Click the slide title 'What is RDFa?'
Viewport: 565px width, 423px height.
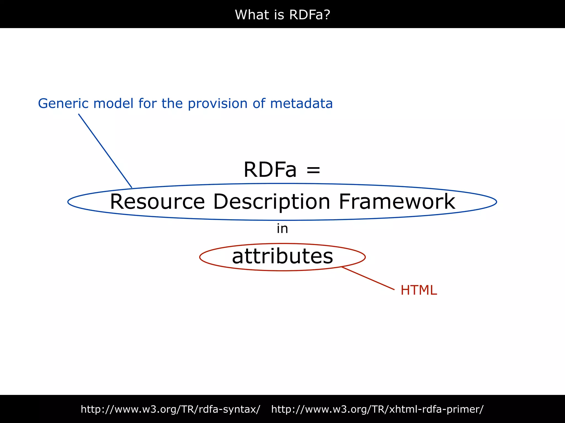tap(282, 15)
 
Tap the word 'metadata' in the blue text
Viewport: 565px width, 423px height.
tap(301, 104)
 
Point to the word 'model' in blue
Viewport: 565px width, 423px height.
tap(113, 104)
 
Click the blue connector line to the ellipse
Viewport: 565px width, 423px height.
tap(105, 151)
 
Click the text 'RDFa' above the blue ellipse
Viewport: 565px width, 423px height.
tap(270, 169)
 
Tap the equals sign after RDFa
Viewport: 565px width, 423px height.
tap(313, 170)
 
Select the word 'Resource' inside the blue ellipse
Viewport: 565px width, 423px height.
tap(157, 202)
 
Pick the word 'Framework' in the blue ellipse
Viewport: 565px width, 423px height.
tap(397, 202)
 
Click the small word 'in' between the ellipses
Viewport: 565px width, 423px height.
tap(282, 229)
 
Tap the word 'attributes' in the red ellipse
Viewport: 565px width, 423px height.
tap(282, 256)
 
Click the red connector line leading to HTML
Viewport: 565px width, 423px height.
tap(368, 278)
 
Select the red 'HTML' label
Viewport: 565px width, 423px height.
tap(419, 290)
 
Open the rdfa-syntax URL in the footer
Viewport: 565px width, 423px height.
tap(170, 409)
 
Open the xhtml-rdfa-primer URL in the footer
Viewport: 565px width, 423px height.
tap(377, 409)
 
